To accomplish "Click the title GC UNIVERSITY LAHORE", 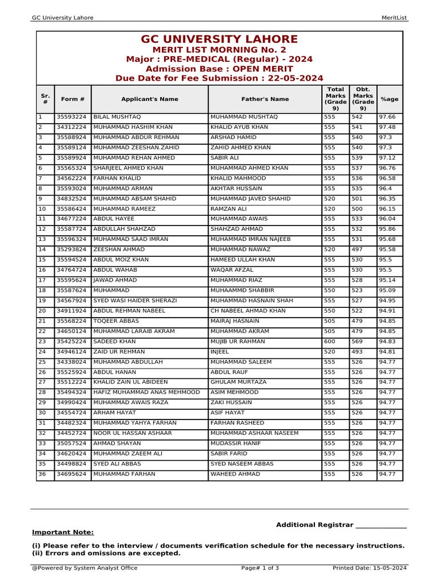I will pos(219,39).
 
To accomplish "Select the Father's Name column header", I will pos(265,99).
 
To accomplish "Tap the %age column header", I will pos(389,99).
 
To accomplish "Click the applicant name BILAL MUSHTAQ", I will pos(113,117).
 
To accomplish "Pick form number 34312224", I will pos(71,127).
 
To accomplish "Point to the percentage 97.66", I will pos(387,117).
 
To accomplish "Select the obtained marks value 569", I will pos(357,342).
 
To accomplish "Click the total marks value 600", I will pos(330,342).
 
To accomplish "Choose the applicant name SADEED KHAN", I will pos(114,342).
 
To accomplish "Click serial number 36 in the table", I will pos(42,474).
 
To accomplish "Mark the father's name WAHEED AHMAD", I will pos(235,474).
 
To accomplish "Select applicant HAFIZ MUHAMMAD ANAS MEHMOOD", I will pos(147,393).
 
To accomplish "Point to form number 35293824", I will pos(71,250).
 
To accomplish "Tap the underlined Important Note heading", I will pos(63,532).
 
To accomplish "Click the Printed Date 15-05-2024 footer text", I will pos(369,568).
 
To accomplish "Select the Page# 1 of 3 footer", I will pos(260,568).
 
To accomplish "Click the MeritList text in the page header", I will pos(394,18).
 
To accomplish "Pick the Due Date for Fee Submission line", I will pos(219,78).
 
